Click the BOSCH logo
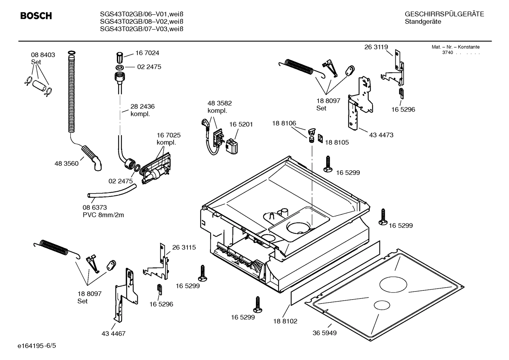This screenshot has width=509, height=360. coord(36,16)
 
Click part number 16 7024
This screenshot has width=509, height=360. coord(147,53)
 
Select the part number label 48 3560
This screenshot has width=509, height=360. coord(66,164)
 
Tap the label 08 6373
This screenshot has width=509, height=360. coord(95,207)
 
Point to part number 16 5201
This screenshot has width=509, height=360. coord(241,124)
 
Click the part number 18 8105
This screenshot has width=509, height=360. coord(337,142)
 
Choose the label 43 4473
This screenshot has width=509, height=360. coord(381,135)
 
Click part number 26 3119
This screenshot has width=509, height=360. coord(376,47)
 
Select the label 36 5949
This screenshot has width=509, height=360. coord(324,333)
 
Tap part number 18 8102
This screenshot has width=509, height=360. coord(285,321)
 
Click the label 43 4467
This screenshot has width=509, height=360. coord(113,334)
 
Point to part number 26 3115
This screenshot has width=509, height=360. coord(184,247)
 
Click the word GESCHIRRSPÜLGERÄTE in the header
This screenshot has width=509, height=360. coord(444,14)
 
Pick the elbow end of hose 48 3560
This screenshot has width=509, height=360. coord(97,165)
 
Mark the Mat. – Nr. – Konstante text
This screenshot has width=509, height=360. coord(455,47)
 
